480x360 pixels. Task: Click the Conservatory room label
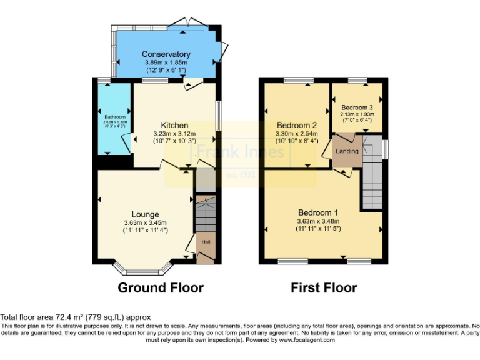[166, 54]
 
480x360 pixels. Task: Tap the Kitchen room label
[174, 125]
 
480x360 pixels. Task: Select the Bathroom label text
[115, 117]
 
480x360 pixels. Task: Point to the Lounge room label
[145, 214]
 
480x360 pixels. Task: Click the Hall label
[205, 241]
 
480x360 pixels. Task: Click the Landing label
[347, 151]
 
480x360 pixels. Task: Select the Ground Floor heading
[161, 288]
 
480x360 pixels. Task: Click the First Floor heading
[324, 288]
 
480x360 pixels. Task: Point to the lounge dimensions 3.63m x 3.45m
[145, 222]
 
